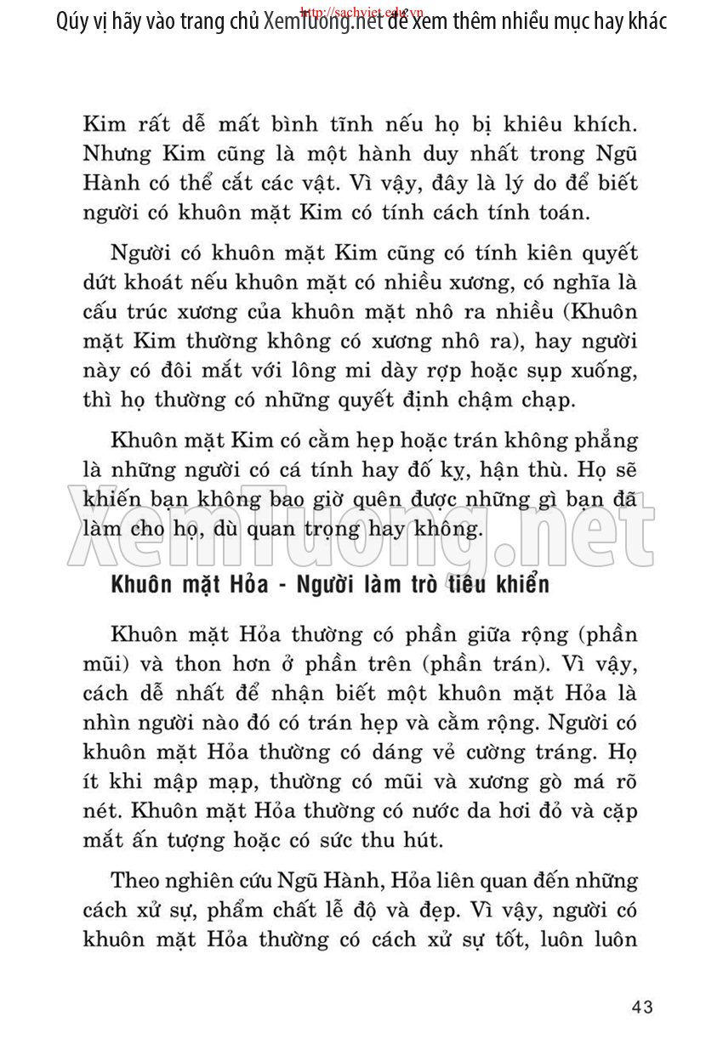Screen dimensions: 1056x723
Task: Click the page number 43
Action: point(642,1008)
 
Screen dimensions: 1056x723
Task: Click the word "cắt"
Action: point(345,182)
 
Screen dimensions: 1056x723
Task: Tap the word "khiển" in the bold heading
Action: point(521,585)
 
